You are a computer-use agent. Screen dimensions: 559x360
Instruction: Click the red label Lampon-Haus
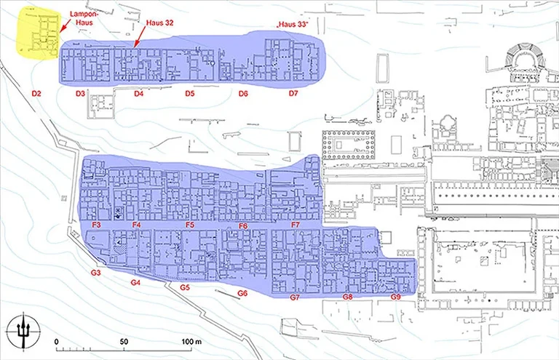[82, 18]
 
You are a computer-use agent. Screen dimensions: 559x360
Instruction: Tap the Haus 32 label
[159, 23]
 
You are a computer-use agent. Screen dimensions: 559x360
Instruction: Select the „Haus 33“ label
[293, 25]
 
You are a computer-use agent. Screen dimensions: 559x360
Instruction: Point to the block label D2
[36, 94]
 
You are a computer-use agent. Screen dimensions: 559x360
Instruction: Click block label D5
[190, 94]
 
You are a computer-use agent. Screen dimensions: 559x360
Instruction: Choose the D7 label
[293, 93]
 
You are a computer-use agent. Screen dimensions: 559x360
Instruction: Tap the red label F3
[96, 225]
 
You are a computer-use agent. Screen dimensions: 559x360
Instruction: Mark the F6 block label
[243, 225]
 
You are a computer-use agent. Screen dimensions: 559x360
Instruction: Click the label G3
[95, 273]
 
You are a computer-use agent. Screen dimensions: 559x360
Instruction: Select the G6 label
[242, 293]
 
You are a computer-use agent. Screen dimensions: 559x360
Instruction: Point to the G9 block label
[396, 297]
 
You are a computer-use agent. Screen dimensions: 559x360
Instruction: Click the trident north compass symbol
[23, 332]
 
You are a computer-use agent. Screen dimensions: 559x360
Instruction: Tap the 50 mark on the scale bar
[124, 342]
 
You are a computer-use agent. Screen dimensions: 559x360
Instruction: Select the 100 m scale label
[191, 342]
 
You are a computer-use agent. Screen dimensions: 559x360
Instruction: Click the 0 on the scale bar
[56, 342]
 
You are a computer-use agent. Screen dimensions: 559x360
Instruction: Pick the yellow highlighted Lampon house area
[38, 33]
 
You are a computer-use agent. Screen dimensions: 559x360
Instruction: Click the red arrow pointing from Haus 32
[140, 37]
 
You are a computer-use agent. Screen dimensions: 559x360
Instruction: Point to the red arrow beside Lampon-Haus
[64, 25]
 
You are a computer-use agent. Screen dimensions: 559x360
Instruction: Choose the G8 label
[348, 297]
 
